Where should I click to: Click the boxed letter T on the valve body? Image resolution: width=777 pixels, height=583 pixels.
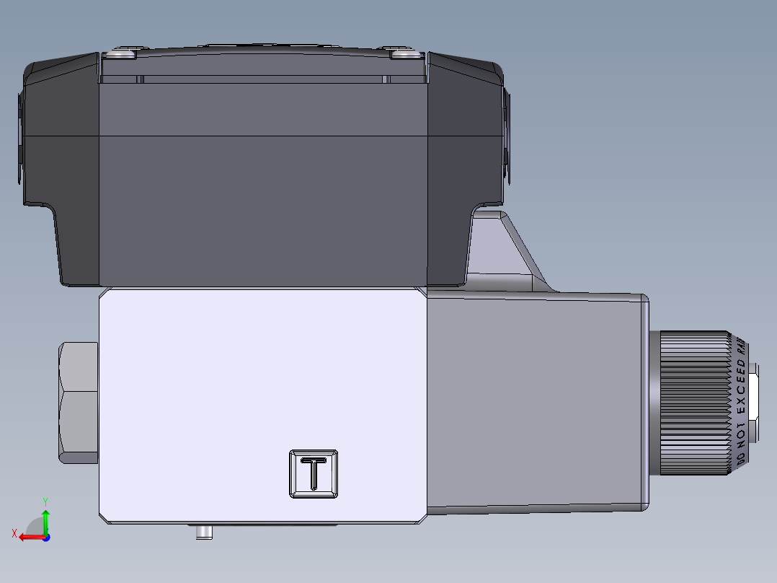click(x=314, y=473)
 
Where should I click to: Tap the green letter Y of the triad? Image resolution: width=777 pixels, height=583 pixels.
click(x=45, y=500)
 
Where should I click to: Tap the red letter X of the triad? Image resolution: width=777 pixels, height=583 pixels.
click(x=14, y=533)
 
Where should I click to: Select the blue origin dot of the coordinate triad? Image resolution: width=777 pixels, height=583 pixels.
click(x=46, y=537)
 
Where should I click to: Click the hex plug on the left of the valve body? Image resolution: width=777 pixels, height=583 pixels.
click(x=79, y=402)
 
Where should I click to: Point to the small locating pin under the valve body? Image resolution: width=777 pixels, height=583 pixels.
click(x=205, y=532)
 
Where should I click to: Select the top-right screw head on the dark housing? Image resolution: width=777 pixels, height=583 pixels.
click(x=404, y=53)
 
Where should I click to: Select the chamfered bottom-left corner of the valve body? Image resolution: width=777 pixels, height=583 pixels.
click(x=105, y=517)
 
